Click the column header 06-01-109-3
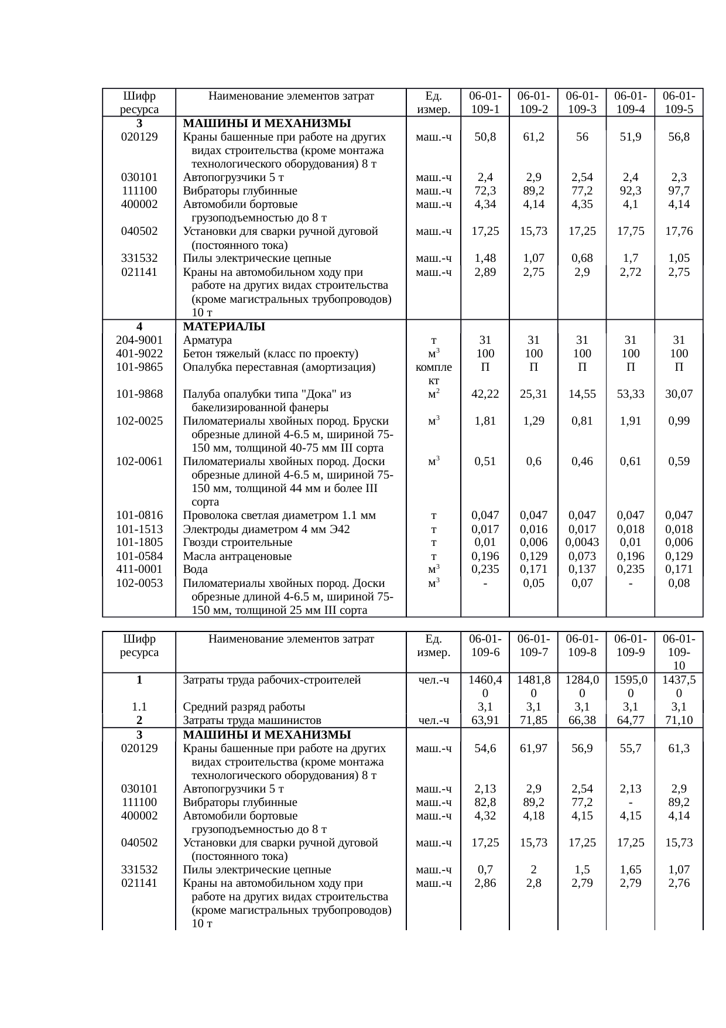pyautogui.click(x=582, y=103)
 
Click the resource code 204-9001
pyautogui.click(x=139, y=340)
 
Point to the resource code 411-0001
pyautogui.click(x=139, y=569)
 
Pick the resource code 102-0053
pyautogui.click(x=139, y=583)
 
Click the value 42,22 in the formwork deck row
pyautogui.click(x=485, y=394)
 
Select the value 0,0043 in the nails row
pyautogui.click(x=582, y=542)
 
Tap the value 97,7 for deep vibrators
pyautogui.click(x=679, y=191)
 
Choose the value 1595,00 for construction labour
pyautogui.click(x=630, y=687)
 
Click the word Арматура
pyautogui.click(x=207, y=340)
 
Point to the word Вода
pyautogui.click(x=195, y=569)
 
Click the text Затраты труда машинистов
pyautogui.click(x=252, y=720)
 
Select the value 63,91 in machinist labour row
pyautogui.click(x=485, y=720)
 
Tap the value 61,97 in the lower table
pyautogui.click(x=533, y=748)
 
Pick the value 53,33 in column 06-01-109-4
pyautogui.click(x=630, y=394)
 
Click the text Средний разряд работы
pyautogui.click(x=244, y=707)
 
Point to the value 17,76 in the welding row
pyautogui.click(x=679, y=231)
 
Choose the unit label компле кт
pyautogui.click(x=433, y=374)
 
